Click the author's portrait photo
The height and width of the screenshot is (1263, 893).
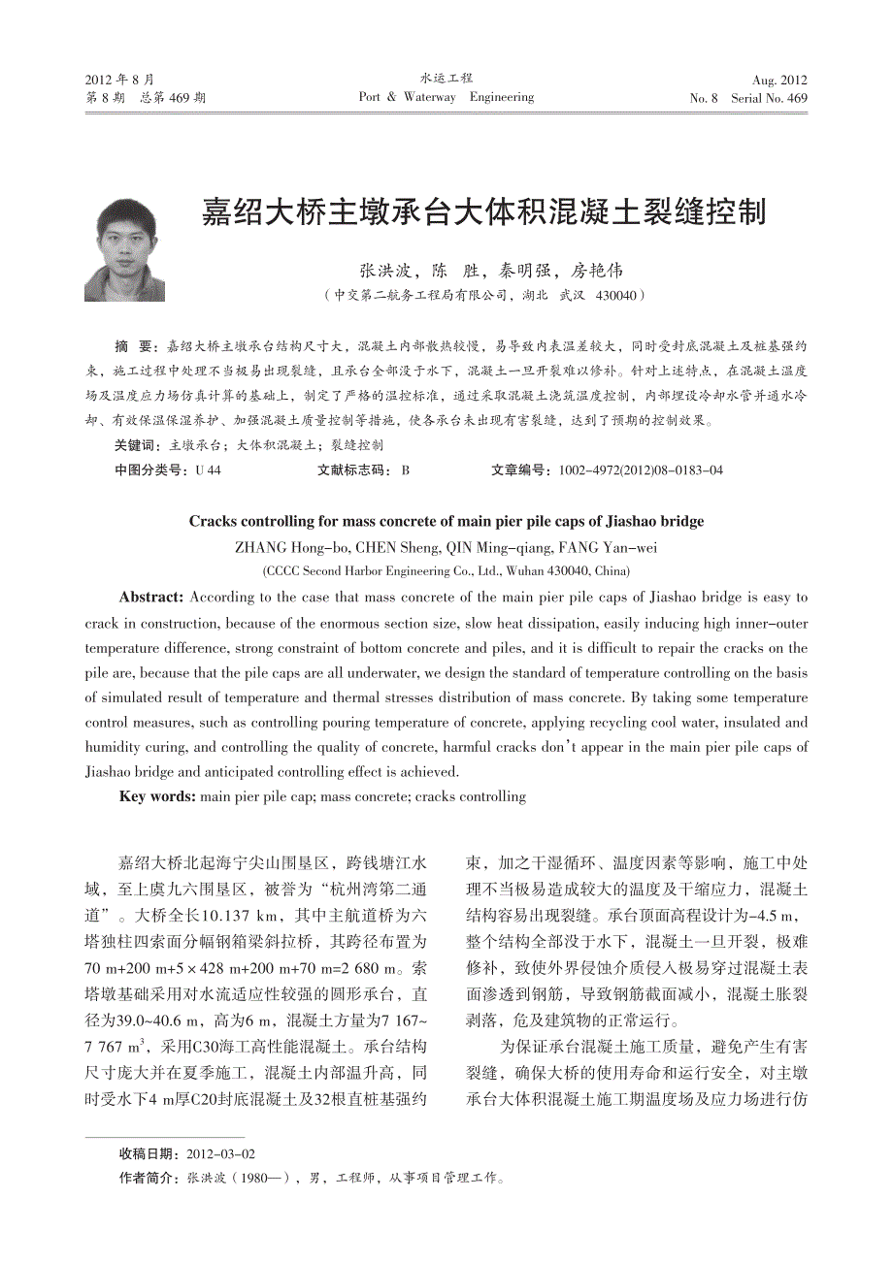click(x=124, y=249)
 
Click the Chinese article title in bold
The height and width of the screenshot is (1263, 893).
click(x=482, y=211)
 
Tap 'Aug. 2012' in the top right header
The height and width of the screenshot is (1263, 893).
click(x=779, y=81)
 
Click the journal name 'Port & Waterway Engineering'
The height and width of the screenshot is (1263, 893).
click(x=446, y=97)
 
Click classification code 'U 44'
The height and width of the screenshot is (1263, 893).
click(x=208, y=470)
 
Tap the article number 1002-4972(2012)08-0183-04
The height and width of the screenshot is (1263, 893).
click(x=641, y=470)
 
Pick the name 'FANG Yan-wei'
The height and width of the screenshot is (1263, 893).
click(x=595, y=547)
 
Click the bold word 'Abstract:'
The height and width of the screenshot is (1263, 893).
click(x=151, y=598)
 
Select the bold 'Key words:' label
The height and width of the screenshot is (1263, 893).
click(x=157, y=797)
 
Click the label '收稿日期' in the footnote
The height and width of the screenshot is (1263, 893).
click(x=148, y=1153)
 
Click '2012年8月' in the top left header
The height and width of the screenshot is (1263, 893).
click(x=119, y=80)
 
